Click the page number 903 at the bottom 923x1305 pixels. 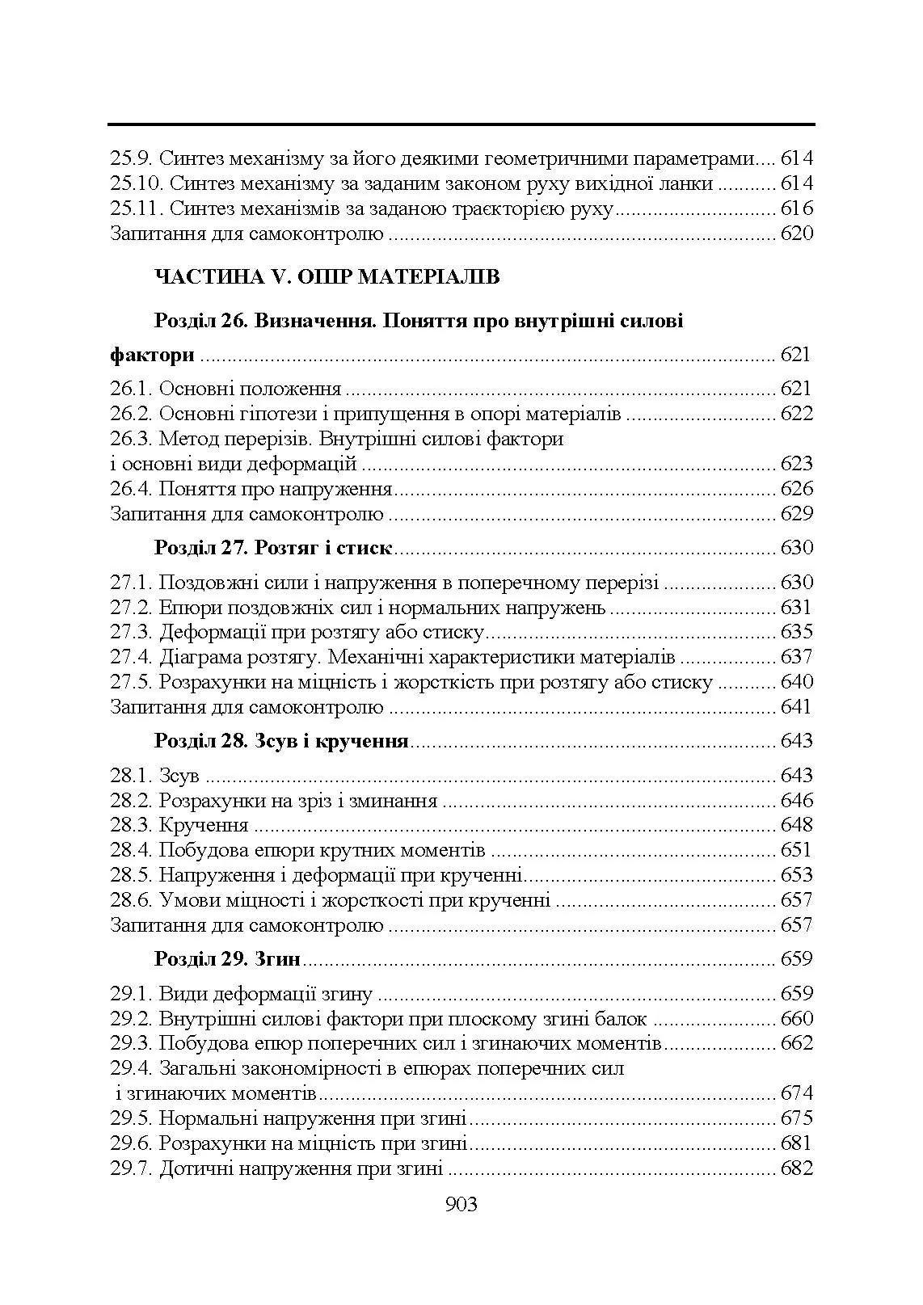(x=461, y=1205)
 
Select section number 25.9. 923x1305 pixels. (x=131, y=159)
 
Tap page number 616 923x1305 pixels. (x=796, y=209)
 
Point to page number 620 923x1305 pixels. (x=796, y=234)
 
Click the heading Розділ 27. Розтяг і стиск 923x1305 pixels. (x=273, y=548)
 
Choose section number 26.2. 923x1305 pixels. (x=131, y=415)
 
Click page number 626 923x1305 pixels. (x=796, y=489)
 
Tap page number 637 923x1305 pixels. (x=796, y=657)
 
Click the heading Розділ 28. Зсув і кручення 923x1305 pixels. (x=281, y=741)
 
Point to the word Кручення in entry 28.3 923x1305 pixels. (x=204, y=825)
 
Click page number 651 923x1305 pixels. (x=796, y=850)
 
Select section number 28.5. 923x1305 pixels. (x=131, y=875)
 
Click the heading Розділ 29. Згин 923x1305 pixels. (x=227, y=959)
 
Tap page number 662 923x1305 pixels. (x=796, y=1043)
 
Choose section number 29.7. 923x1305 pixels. (x=131, y=1168)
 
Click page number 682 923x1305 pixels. (x=796, y=1168)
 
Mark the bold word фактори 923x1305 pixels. (x=152, y=355)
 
